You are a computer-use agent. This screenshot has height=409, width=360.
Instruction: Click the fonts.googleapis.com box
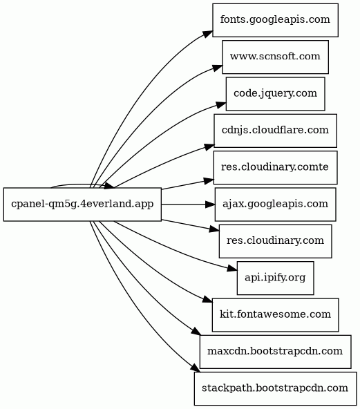click(275, 20)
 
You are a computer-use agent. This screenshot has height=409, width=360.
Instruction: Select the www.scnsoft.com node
click(275, 57)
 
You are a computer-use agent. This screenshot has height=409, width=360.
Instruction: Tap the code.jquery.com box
click(275, 94)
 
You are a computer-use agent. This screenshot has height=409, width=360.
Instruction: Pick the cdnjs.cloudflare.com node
click(275, 131)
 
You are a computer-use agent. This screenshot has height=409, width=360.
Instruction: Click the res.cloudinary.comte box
click(275, 167)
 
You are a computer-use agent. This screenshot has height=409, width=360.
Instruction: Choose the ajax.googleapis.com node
click(275, 204)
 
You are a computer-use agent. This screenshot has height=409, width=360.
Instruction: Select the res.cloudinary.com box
click(275, 241)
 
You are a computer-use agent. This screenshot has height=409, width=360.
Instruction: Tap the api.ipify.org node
click(275, 278)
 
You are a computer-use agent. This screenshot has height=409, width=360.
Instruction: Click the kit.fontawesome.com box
click(275, 315)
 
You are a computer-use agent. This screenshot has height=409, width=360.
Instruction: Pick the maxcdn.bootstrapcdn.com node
click(275, 352)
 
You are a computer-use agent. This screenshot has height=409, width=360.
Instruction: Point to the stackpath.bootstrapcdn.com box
click(275, 389)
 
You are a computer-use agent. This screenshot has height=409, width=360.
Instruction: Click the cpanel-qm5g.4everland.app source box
click(82, 204)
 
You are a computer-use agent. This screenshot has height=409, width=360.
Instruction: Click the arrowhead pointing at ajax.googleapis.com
click(210, 204)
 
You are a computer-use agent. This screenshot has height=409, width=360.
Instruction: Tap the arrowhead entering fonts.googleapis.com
click(208, 34)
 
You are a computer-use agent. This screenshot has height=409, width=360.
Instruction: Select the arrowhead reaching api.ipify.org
click(232, 269)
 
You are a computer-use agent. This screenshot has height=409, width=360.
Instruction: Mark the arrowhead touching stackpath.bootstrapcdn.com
click(195, 368)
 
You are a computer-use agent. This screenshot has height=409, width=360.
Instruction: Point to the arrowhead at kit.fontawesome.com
click(208, 299)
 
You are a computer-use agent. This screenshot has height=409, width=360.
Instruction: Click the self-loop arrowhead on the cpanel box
click(109, 185)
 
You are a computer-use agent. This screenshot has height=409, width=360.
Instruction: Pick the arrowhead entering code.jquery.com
click(221, 105)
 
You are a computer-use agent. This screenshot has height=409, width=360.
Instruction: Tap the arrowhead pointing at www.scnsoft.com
click(217, 68)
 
